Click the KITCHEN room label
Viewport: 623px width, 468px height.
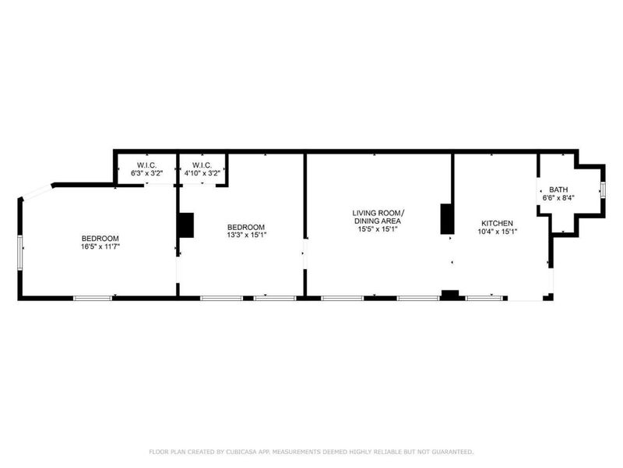497,223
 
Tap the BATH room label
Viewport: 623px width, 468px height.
558,190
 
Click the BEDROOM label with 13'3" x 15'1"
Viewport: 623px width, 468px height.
246,227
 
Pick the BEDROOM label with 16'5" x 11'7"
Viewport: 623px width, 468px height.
100,239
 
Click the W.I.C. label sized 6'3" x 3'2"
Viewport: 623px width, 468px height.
146,165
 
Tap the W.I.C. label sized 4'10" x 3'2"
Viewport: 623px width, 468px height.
202,165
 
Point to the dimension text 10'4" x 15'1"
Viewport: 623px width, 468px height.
497,231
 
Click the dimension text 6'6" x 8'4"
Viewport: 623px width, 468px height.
558,197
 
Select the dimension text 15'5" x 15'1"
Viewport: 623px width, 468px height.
378,229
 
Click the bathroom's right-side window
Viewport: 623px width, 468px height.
603,190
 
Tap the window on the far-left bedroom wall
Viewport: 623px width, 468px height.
20,253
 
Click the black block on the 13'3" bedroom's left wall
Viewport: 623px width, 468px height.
185,225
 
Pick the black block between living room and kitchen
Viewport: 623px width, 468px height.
447,219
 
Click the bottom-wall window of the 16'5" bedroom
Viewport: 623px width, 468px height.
93,298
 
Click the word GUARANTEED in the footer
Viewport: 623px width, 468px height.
452,452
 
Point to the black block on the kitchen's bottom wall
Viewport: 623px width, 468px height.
450,295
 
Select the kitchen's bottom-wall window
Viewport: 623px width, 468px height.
484,298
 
